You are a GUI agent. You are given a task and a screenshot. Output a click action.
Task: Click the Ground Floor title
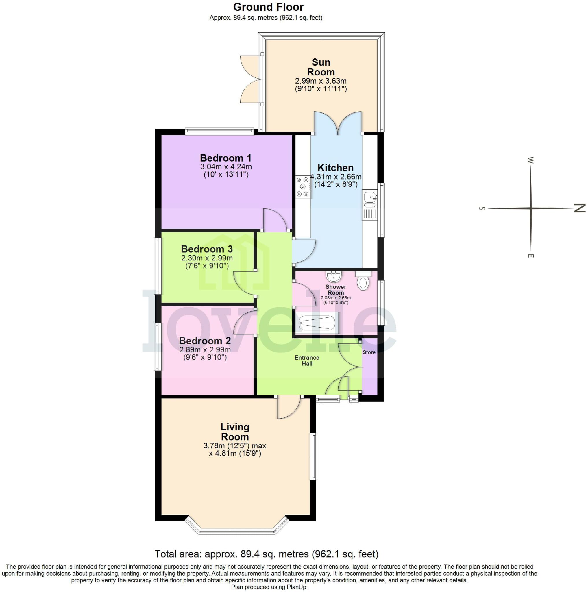268,7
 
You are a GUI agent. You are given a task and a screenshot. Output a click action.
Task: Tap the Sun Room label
321,67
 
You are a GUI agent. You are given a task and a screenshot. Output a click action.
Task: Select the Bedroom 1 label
225,158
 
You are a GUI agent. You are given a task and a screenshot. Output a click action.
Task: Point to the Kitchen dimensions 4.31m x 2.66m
336,177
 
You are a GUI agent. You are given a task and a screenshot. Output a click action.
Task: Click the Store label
369,352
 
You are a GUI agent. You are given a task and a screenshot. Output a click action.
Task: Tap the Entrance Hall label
307,360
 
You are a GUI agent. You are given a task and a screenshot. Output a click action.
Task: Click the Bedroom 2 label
205,341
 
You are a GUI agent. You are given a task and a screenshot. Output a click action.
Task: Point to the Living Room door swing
288,408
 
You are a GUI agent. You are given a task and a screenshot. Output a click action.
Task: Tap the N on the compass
579,208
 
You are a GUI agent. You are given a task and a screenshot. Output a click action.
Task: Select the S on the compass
482,209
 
